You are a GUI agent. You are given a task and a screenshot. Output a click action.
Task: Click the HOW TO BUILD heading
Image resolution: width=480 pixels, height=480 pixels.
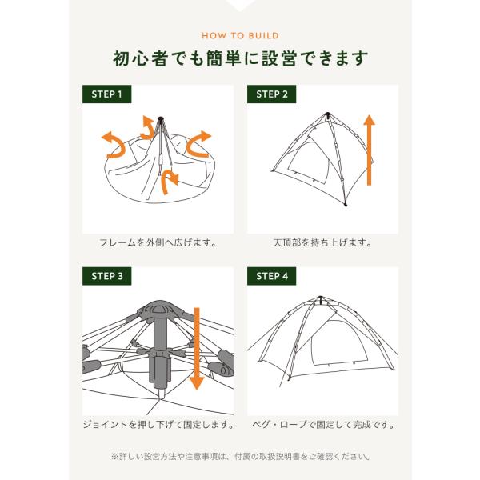(240, 35)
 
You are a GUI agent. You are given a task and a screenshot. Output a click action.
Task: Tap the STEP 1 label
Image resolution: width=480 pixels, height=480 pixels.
(106, 94)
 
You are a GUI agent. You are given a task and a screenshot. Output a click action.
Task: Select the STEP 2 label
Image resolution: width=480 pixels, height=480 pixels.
(271, 94)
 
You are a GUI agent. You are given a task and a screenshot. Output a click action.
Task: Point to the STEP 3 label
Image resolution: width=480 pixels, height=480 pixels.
(106, 276)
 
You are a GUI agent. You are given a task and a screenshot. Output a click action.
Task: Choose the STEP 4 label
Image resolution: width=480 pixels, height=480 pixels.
(271, 276)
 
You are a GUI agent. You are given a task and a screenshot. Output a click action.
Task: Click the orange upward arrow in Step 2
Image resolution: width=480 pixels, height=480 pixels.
(369, 150)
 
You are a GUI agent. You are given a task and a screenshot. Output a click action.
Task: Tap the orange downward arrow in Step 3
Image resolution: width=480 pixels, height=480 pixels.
(197, 349)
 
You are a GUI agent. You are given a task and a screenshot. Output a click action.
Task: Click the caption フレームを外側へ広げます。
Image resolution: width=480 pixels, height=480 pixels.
(158, 242)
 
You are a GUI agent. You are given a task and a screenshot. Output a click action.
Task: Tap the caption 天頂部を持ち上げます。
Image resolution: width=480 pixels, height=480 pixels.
(322, 242)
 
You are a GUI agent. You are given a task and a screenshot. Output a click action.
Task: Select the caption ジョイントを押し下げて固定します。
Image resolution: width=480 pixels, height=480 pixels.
(158, 425)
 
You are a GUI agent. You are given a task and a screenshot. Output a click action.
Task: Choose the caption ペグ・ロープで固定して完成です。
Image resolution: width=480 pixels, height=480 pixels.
(323, 425)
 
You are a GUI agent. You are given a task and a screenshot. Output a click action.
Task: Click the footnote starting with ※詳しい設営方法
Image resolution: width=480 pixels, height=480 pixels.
(241, 457)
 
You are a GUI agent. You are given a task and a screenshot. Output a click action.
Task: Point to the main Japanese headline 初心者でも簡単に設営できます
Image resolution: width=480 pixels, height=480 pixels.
(240, 58)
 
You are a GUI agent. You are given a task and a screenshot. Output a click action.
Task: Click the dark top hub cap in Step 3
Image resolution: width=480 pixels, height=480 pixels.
(159, 309)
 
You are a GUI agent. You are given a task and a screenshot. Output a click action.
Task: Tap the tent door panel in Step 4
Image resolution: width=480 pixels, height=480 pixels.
(339, 342)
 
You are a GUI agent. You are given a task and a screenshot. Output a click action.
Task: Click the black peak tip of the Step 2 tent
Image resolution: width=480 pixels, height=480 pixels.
(327, 114)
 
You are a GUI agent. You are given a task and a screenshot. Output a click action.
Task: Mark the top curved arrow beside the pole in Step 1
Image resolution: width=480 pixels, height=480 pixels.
(148, 129)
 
